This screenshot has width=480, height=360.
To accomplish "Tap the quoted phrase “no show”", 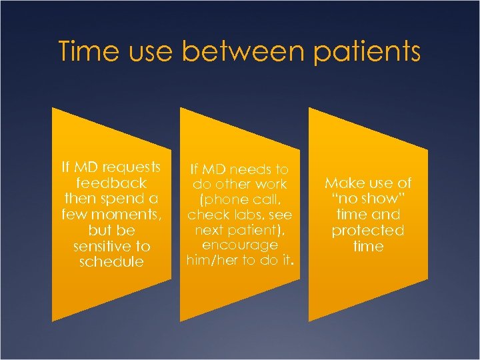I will [x=369, y=199].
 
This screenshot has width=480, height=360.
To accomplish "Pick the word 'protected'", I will [x=369, y=231].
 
